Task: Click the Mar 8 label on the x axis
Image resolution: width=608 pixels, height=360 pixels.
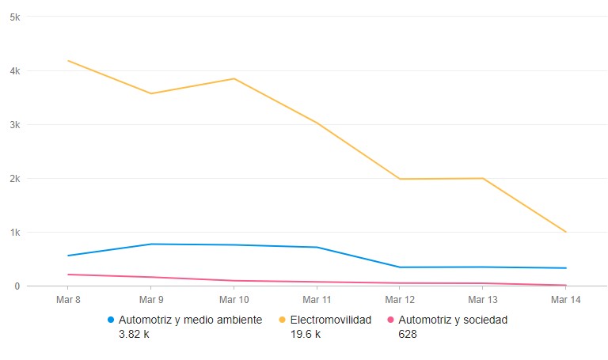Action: [68, 300]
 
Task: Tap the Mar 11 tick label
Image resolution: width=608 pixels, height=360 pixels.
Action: [317, 300]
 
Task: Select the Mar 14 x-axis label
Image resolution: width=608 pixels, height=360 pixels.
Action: [565, 300]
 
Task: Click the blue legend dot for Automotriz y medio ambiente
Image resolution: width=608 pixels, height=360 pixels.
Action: [111, 320]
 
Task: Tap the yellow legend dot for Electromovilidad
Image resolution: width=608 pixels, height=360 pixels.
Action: [283, 320]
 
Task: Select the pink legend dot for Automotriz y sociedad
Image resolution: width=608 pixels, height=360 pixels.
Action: [390, 320]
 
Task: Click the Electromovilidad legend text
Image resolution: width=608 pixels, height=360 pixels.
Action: [330, 320]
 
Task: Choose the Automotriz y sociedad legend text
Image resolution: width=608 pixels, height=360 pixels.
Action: [453, 320]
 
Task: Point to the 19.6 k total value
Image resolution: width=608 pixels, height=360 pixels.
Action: [305, 335]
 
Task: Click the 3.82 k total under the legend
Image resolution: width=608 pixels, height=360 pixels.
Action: [135, 335]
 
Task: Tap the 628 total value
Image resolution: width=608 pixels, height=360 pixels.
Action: [408, 335]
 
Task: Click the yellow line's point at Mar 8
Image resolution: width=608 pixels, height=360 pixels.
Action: [68, 61]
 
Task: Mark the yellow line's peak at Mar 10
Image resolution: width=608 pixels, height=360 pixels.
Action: [234, 78]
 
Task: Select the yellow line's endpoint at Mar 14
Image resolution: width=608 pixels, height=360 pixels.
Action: [565, 232]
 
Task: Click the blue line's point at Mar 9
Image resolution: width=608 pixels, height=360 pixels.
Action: [151, 244]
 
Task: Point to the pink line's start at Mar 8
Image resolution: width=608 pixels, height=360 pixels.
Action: [68, 275]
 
